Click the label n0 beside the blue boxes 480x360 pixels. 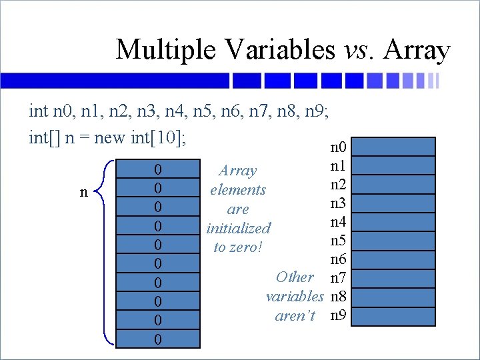338,146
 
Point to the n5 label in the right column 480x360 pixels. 338,239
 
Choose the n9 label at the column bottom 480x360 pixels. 338,315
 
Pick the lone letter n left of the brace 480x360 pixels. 83,193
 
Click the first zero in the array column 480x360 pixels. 157,169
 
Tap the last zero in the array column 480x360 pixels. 157,339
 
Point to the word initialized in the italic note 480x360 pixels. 238,229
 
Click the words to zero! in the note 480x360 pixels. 238,248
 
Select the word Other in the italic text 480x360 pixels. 295,277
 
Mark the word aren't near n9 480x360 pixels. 295,315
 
